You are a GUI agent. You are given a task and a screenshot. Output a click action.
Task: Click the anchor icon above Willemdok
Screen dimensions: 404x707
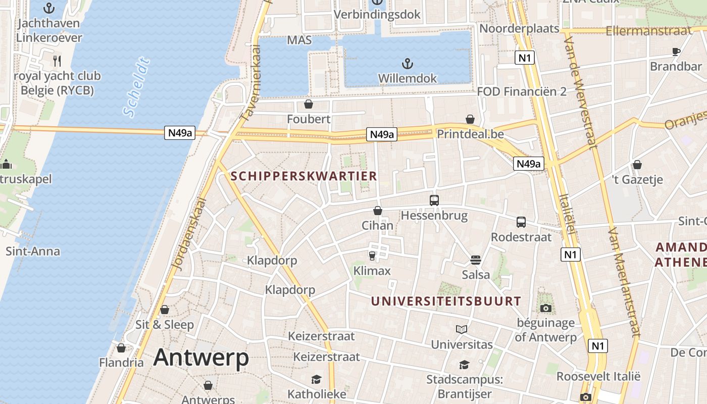tap(407, 64)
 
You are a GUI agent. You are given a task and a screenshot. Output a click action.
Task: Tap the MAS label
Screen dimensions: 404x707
tap(299, 40)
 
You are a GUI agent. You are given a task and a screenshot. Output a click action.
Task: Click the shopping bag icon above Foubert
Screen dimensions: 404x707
tap(308, 104)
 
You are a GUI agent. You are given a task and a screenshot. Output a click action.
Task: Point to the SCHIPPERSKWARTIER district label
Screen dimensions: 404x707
tap(304, 176)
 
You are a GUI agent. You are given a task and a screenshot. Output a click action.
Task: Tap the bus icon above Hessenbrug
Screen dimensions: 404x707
tap(434, 200)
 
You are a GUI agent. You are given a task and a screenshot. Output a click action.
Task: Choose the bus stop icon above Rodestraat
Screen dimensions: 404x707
tap(521, 222)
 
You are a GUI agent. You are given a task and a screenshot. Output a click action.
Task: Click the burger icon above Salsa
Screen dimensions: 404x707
tap(475, 260)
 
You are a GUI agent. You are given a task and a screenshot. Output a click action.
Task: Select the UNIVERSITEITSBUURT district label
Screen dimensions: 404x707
tap(446, 301)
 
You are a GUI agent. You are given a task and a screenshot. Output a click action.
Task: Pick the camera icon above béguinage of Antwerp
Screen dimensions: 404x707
tap(545, 308)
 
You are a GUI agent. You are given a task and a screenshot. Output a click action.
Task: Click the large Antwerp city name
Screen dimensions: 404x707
tap(201, 358)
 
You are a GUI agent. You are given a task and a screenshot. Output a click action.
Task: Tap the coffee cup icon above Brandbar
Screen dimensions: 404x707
tap(676, 51)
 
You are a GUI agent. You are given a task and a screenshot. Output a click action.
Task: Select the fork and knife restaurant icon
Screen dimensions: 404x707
tap(57, 61)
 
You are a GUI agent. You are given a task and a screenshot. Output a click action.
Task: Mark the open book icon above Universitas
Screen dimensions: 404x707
tap(461, 329)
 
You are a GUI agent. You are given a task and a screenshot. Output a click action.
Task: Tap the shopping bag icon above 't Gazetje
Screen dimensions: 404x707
tap(637, 165)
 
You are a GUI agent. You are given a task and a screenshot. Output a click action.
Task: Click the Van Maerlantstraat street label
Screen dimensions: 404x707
tap(624, 282)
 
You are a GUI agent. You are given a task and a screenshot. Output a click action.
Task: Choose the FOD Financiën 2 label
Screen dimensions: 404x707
tap(522, 91)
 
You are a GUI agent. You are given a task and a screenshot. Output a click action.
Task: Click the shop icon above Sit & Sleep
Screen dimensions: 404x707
tap(165, 310)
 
